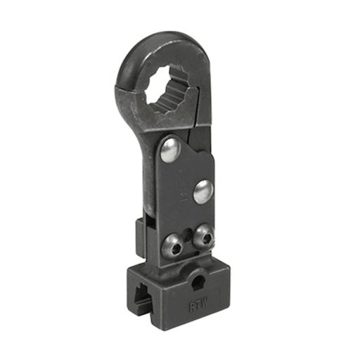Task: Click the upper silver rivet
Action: [169, 149]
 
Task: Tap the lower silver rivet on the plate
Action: [203, 191]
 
